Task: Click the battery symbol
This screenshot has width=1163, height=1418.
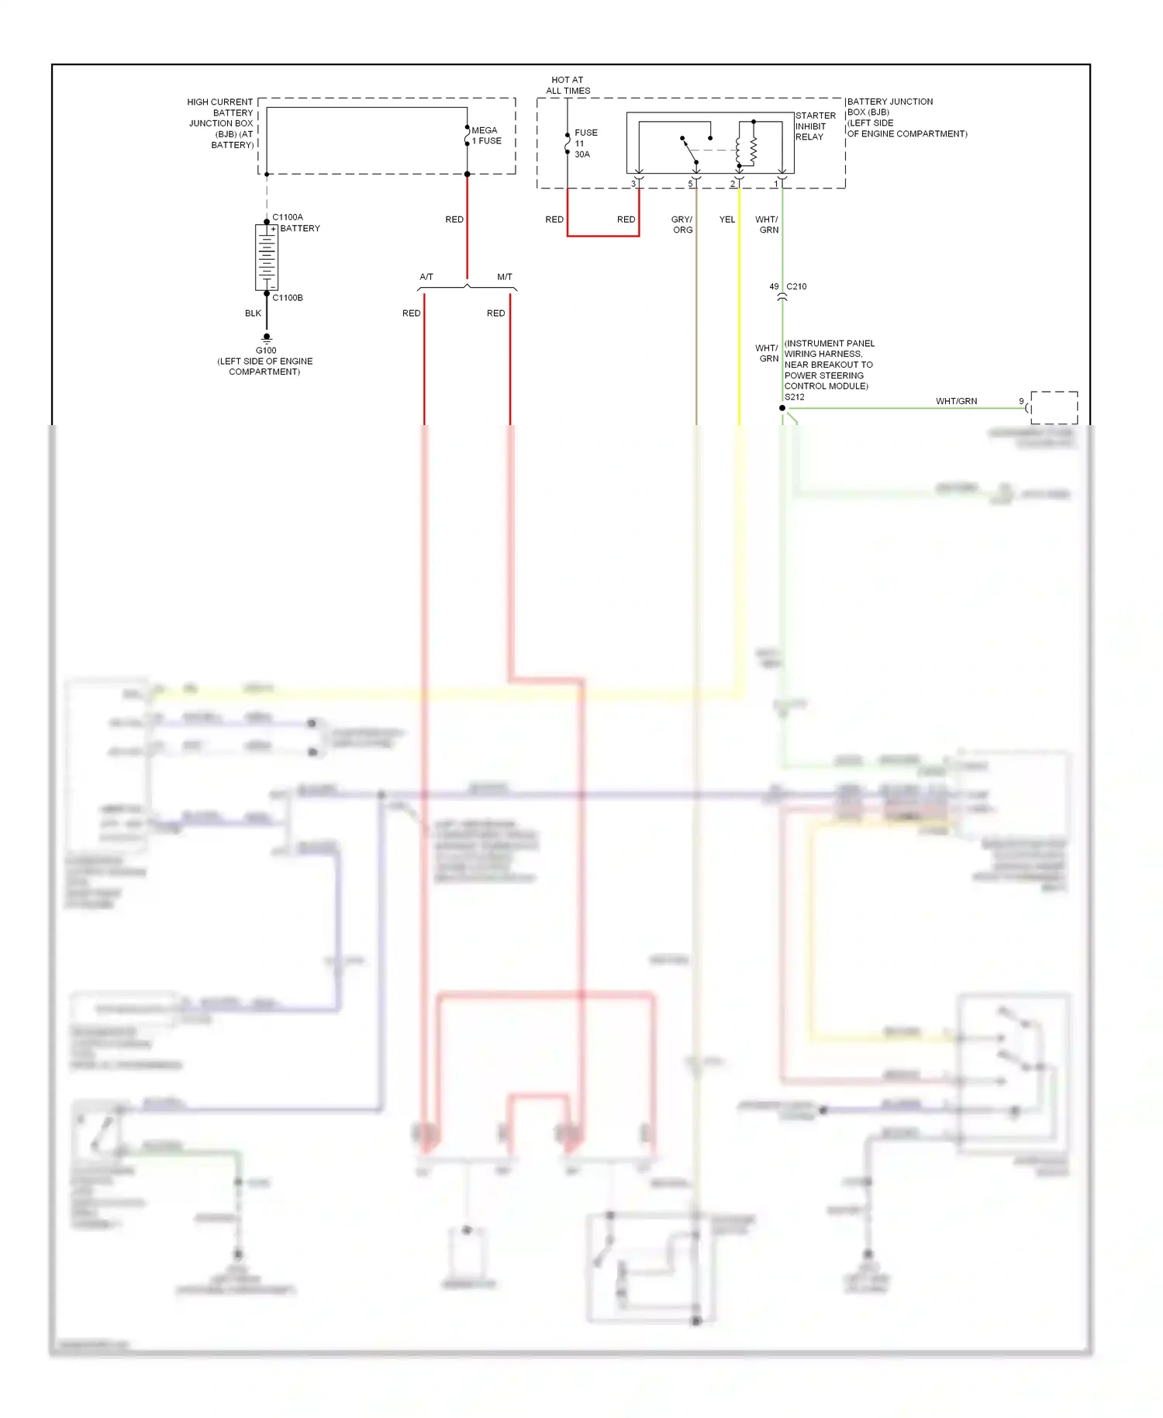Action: pyautogui.click(x=267, y=257)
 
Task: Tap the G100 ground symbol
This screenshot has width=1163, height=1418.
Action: pyautogui.click(x=267, y=338)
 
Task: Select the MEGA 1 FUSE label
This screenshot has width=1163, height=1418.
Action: pyautogui.click(x=486, y=136)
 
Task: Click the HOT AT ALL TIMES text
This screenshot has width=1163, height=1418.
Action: pyautogui.click(x=568, y=85)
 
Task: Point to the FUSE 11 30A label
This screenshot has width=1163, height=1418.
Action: pyautogui.click(x=585, y=144)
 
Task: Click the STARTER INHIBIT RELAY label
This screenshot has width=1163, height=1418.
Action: pyautogui.click(x=815, y=126)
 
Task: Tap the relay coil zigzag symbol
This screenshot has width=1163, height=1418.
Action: pyautogui.click(x=753, y=147)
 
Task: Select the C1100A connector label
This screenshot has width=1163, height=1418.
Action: pyautogui.click(x=288, y=217)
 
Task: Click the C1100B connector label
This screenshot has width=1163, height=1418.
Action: pyautogui.click(x=288, y=298)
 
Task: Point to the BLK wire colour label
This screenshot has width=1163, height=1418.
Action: pyautogui.click(x=253, y=313)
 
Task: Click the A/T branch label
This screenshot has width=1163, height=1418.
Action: pyautogui.click(x=426, y=277)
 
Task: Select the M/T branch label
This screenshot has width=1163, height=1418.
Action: pyautogui.click(x=505, y=277)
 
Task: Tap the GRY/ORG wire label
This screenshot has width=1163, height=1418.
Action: pyautogui.click(x=682, y=225)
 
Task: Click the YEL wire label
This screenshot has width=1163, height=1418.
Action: pyautogui.click(x=727, y=220)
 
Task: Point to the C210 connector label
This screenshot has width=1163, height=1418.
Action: pyautogui.click(x=796, y=287)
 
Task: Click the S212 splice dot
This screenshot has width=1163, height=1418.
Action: pyautogui.click(x=782, y=408)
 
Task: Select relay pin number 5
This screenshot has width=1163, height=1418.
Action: pyautogui.click(x=690, y=184)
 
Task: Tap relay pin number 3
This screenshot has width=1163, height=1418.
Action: pyautogui.click(x=633, y=184)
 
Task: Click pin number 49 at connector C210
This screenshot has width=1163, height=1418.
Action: pyautogui.click(x=774, y=287)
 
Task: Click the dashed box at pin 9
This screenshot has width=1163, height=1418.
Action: pyautogui.click(x=1054, y=407)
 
